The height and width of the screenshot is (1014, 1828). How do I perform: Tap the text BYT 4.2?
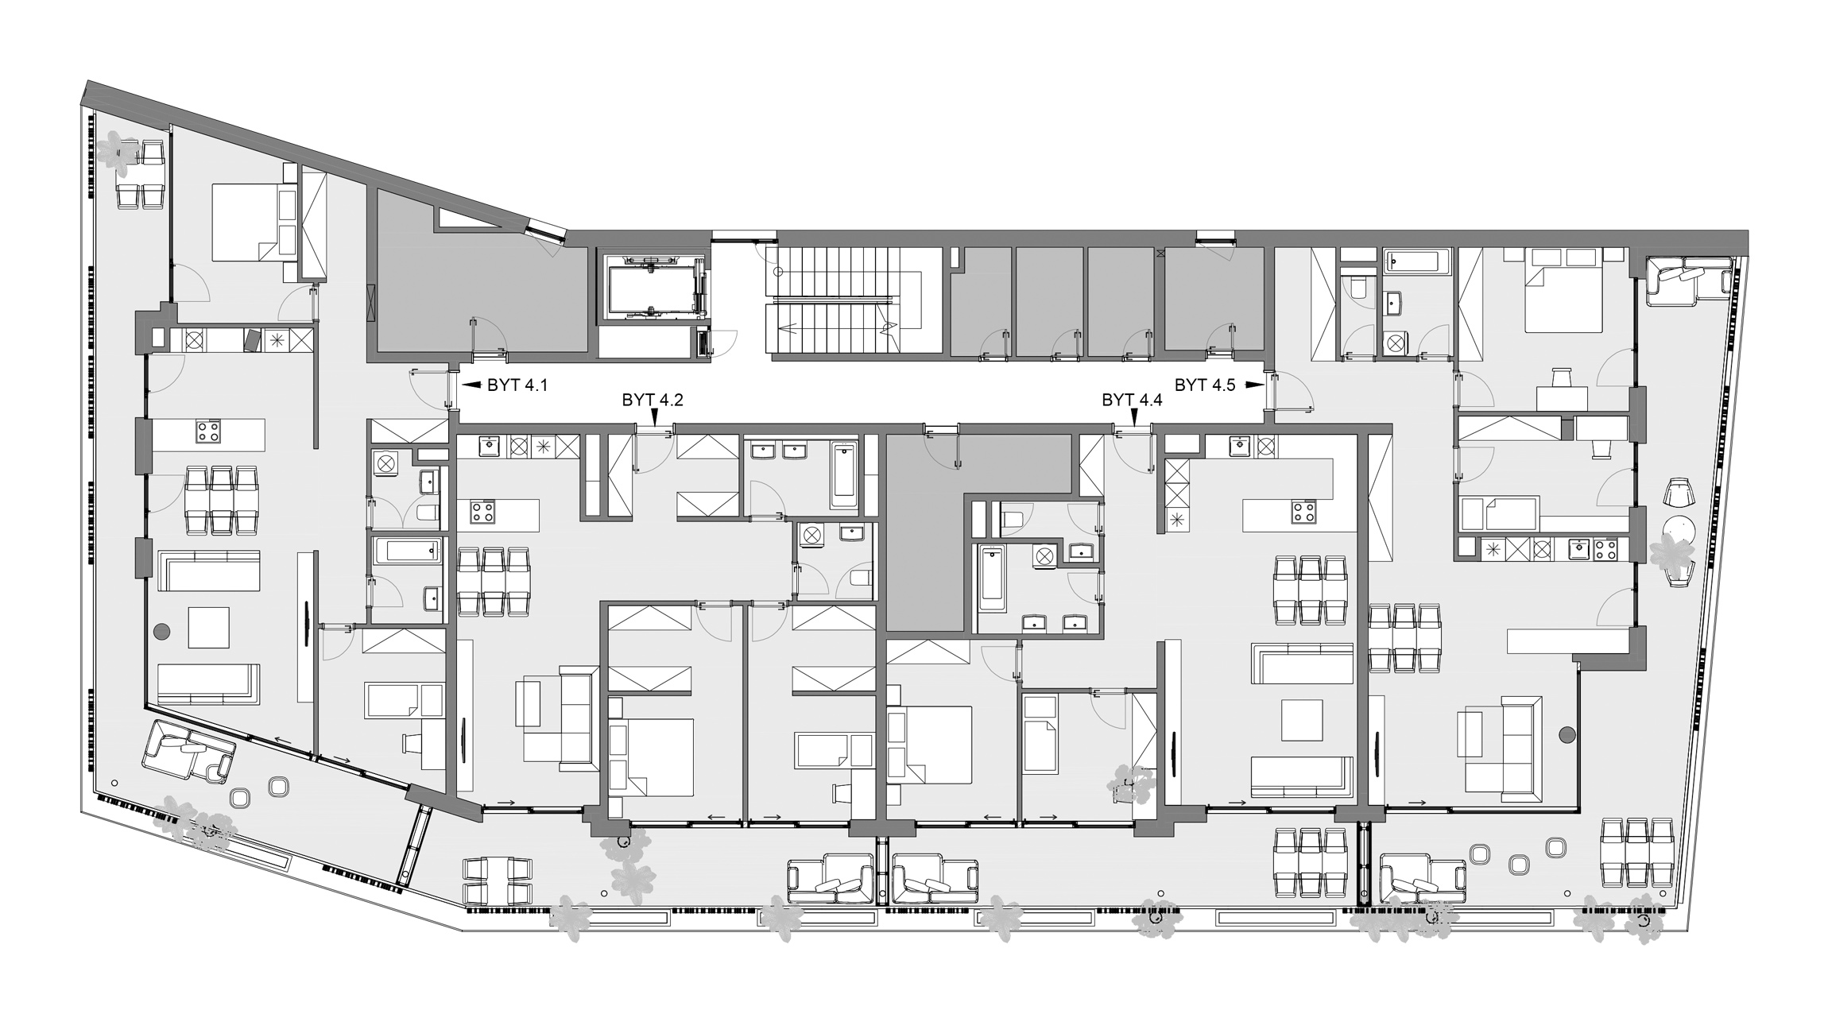pyautogui.click(x=653, y=400)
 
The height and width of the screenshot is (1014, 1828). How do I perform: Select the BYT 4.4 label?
pyautogui.click(x=1132, y=400)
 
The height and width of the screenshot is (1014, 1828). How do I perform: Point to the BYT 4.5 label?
pyautogui.click(x=1205, y=385)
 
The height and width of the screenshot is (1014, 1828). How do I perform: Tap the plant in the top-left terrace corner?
pyautogui.click(x=119, y=153)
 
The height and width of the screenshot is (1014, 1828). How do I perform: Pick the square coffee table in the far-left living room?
pyautogui.click(x=208, y=628)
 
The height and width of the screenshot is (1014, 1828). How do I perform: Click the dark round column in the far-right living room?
pyautogui.click(x=1567, y=735)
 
